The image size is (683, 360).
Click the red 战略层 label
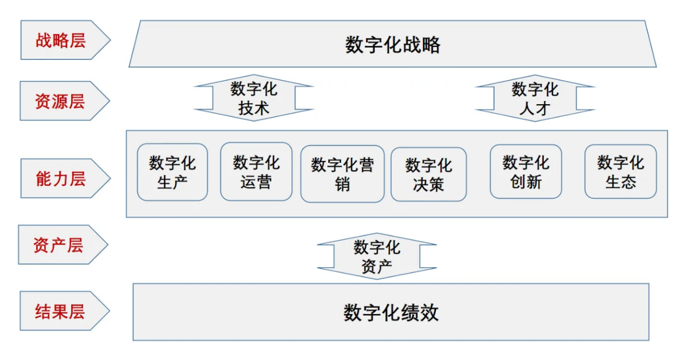pos(60,40)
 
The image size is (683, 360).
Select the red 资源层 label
pos(60,101)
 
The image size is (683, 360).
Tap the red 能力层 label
pos(60,178)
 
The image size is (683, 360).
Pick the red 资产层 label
pos(58,245)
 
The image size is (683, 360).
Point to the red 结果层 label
pos(60,311)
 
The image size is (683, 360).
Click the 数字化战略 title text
pos(393,45)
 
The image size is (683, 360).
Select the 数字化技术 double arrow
pos(254,98)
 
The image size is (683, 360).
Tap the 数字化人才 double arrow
pos(535,98)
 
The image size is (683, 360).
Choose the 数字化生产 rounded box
pos(173,172)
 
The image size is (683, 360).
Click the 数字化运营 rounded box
pos(256,172)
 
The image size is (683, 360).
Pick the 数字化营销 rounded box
pos(342,174)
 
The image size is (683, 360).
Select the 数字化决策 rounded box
pos(429,174)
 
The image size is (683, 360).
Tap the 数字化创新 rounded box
pos(526,172)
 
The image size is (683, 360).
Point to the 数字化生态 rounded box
pos(621,172)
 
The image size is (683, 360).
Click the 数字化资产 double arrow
pos(377,256)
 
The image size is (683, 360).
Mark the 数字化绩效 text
pos(391,313)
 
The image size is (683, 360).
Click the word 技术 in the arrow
pos(254,108)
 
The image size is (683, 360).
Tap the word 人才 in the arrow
pos(535,108)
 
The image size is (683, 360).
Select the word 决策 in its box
pos(429,185)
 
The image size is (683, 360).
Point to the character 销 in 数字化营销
pos(342,185)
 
